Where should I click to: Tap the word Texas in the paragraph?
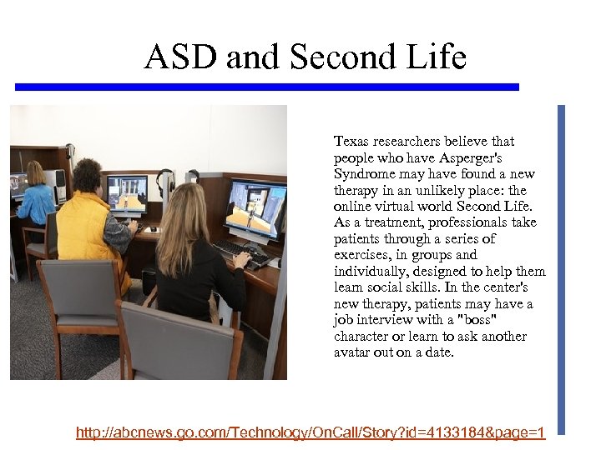pyautogui.click(x=351, y=142)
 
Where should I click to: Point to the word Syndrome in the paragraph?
pyautogui.click(x=363, y=174)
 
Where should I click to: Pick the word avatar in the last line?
pyautogui.click(x=353, y=353)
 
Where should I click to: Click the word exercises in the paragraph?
pyautogui.click(x=361, y=255)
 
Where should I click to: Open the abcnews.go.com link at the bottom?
pyautogui.click(x=310, y=432)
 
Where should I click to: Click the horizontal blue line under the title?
pyautogui.click(x=267, y=87)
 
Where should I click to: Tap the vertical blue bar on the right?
pyautogui.click(x=561, y=267)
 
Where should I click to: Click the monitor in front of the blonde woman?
pyautogui.click(x=256, y=210)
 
